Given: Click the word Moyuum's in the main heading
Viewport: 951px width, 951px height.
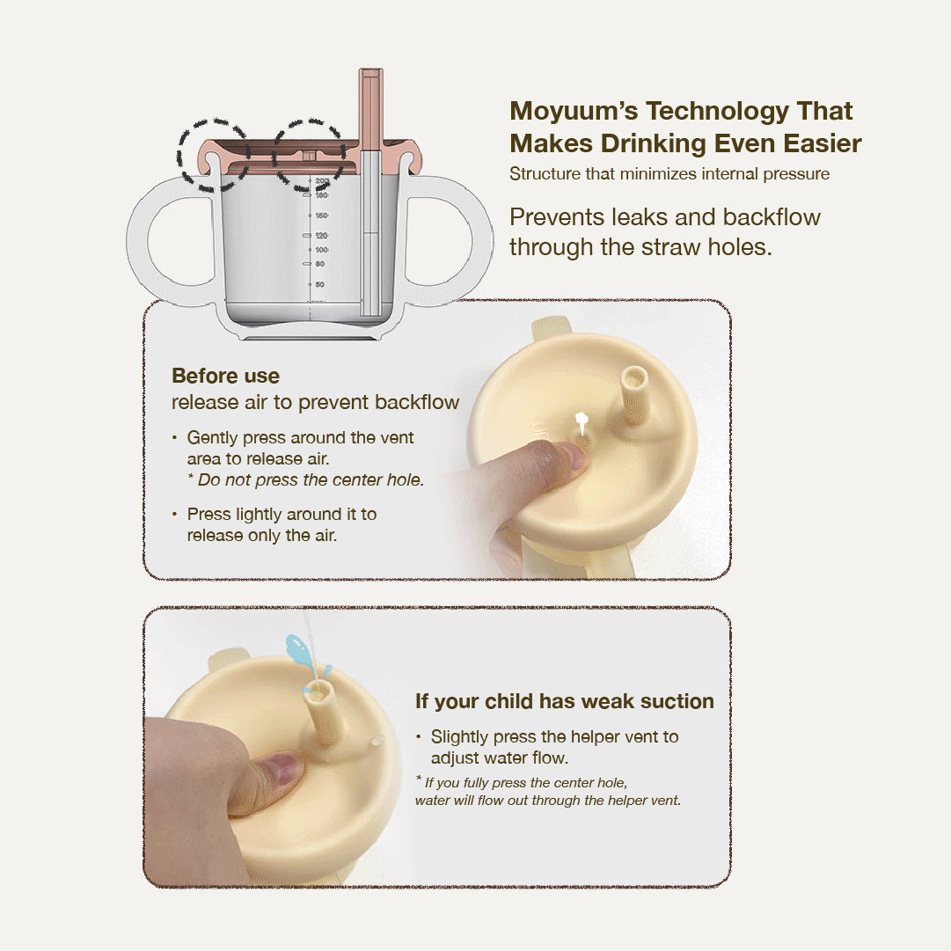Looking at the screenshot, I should [573, 112].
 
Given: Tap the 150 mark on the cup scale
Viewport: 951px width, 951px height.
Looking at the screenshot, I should [321, 216].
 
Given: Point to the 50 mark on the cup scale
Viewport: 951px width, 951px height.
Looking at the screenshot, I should [320, 284].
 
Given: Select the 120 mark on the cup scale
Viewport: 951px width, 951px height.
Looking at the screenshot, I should [321, 236].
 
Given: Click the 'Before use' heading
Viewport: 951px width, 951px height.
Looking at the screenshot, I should [225, 377].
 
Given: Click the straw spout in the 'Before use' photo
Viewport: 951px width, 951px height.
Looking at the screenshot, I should [635, 396].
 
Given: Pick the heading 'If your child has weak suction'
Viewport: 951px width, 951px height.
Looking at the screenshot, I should [564, 702].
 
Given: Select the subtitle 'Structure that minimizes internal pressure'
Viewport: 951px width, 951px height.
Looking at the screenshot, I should [669, 174].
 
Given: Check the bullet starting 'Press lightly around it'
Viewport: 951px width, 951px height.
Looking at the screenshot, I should [282, 524].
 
